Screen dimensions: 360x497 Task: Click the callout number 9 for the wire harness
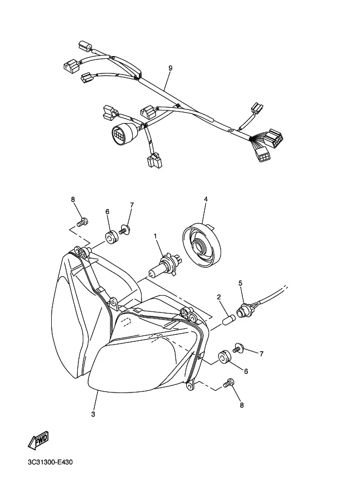coord(170,68)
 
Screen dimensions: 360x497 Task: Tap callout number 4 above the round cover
coord(206,199)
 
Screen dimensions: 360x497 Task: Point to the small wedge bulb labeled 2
coord(228,319)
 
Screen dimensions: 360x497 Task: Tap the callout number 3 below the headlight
coord(93,414)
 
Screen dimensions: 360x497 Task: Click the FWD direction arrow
coord(38,440)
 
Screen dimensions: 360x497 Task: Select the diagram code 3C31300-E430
coord(50,462)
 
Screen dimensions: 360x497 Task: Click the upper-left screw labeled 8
coord(82,222)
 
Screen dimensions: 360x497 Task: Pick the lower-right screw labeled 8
coord(228,382)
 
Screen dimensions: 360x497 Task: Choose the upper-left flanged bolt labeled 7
coord(125,230)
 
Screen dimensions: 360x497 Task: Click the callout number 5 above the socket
coord(240,283)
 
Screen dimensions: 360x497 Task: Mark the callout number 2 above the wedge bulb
coord(219,297)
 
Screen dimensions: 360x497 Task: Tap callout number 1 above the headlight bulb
coord(155,236)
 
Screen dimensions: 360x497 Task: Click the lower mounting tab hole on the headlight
coord(190,386)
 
